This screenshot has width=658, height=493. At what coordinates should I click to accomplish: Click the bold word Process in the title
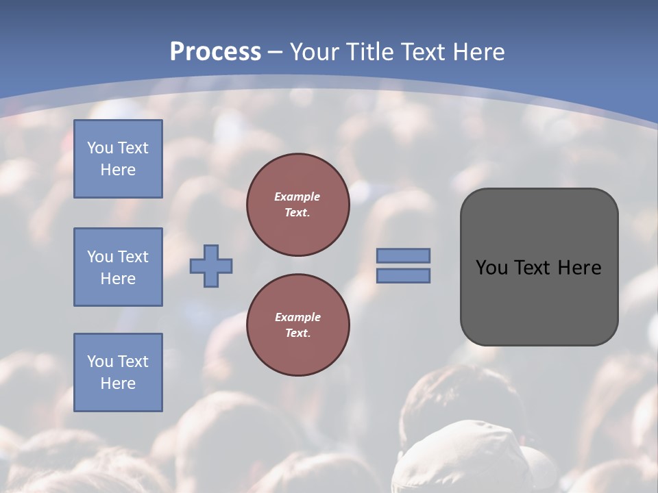coord(215,51)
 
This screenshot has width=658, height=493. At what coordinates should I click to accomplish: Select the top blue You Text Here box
coord(118,159)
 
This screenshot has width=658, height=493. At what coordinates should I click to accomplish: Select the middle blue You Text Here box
coord(118,267)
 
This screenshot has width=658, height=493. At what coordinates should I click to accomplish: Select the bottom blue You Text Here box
coord(118,372)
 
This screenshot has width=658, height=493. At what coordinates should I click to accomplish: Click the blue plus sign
coord(211,266)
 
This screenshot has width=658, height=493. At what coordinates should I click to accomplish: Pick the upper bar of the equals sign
coord(403,255)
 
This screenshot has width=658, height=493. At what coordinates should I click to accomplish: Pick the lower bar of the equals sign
coord(403,276)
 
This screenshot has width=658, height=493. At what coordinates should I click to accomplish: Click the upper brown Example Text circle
coord(297,205)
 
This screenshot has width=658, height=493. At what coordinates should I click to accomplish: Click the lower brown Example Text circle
coord(297,325)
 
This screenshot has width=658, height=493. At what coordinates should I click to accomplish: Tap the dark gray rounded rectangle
coord(539,301)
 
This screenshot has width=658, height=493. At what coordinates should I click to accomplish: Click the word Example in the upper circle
coord(297,197)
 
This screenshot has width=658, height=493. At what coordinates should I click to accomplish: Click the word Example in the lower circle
coord(297,317)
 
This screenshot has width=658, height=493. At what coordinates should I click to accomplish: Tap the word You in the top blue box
coord(99,148)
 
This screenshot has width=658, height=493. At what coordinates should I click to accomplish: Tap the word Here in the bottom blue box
coord(118,383)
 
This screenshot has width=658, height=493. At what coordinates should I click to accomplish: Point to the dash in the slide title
coord(275,52)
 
